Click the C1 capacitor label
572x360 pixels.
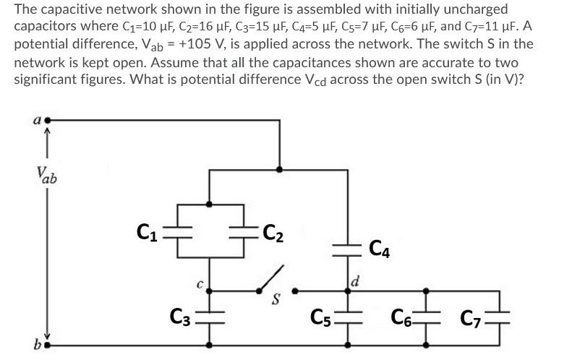[148, 232]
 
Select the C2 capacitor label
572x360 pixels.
[273, 232]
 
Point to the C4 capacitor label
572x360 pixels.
[381, 248]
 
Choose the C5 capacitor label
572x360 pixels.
[320, 316]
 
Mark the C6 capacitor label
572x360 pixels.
[402, 316]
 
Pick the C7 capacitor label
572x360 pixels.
[472, 316]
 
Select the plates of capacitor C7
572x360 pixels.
[499, 316]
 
